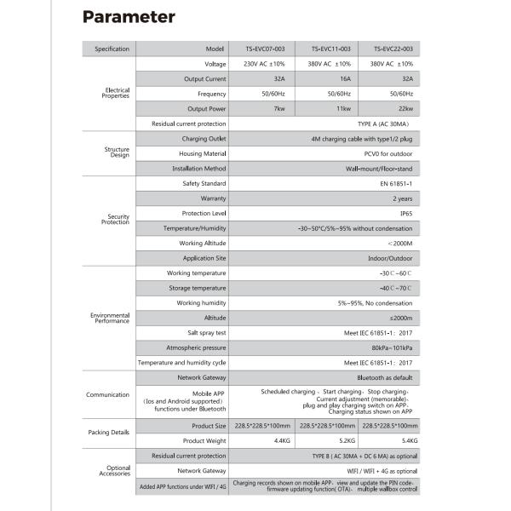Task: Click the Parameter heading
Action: pos(129,17)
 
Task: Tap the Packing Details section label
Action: pos(110,433)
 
